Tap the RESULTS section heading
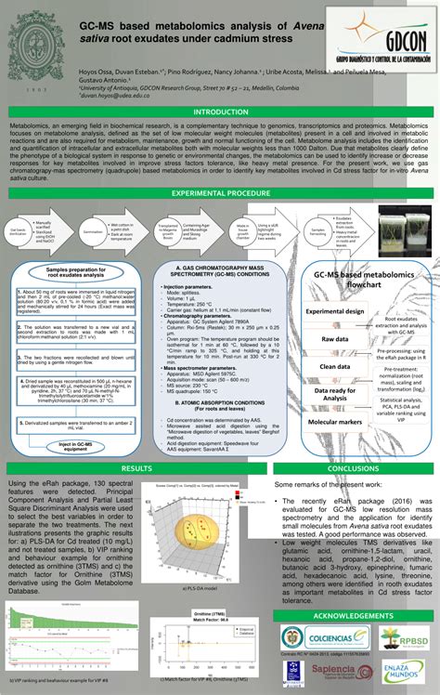136,469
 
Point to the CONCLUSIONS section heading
352,469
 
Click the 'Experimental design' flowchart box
336,312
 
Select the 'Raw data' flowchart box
335,340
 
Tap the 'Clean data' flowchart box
335,367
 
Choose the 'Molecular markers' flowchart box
335,422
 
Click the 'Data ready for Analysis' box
335,394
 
